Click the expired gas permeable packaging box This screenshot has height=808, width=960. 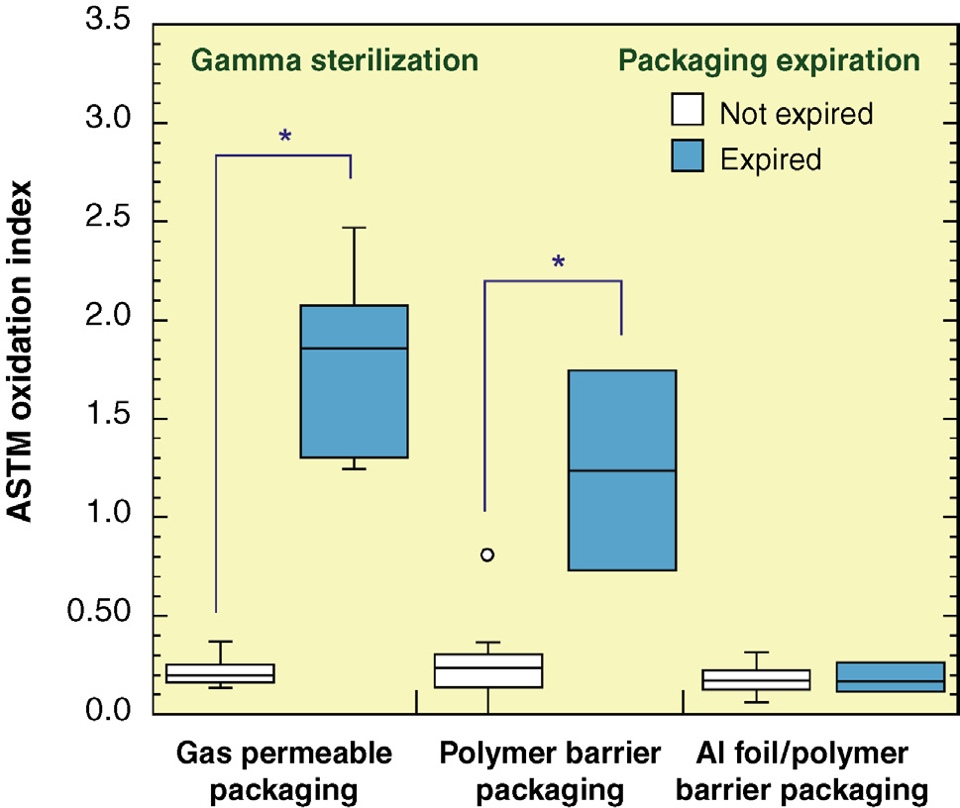354,381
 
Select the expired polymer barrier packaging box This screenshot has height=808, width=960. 621,470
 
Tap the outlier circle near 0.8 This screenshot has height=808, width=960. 486,555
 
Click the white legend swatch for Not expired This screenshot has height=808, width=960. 688,112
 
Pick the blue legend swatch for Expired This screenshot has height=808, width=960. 688,156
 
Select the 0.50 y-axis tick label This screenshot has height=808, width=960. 104,616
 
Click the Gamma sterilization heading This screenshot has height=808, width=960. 335,60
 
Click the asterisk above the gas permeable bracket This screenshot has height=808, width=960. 285,137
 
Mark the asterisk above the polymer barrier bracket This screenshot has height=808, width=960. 559,263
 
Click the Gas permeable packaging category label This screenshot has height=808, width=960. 284,771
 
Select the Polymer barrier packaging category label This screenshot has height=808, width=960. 550,771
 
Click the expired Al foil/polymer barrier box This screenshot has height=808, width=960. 890,676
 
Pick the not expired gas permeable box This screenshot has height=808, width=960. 220,673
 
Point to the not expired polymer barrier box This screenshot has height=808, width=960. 488,670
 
